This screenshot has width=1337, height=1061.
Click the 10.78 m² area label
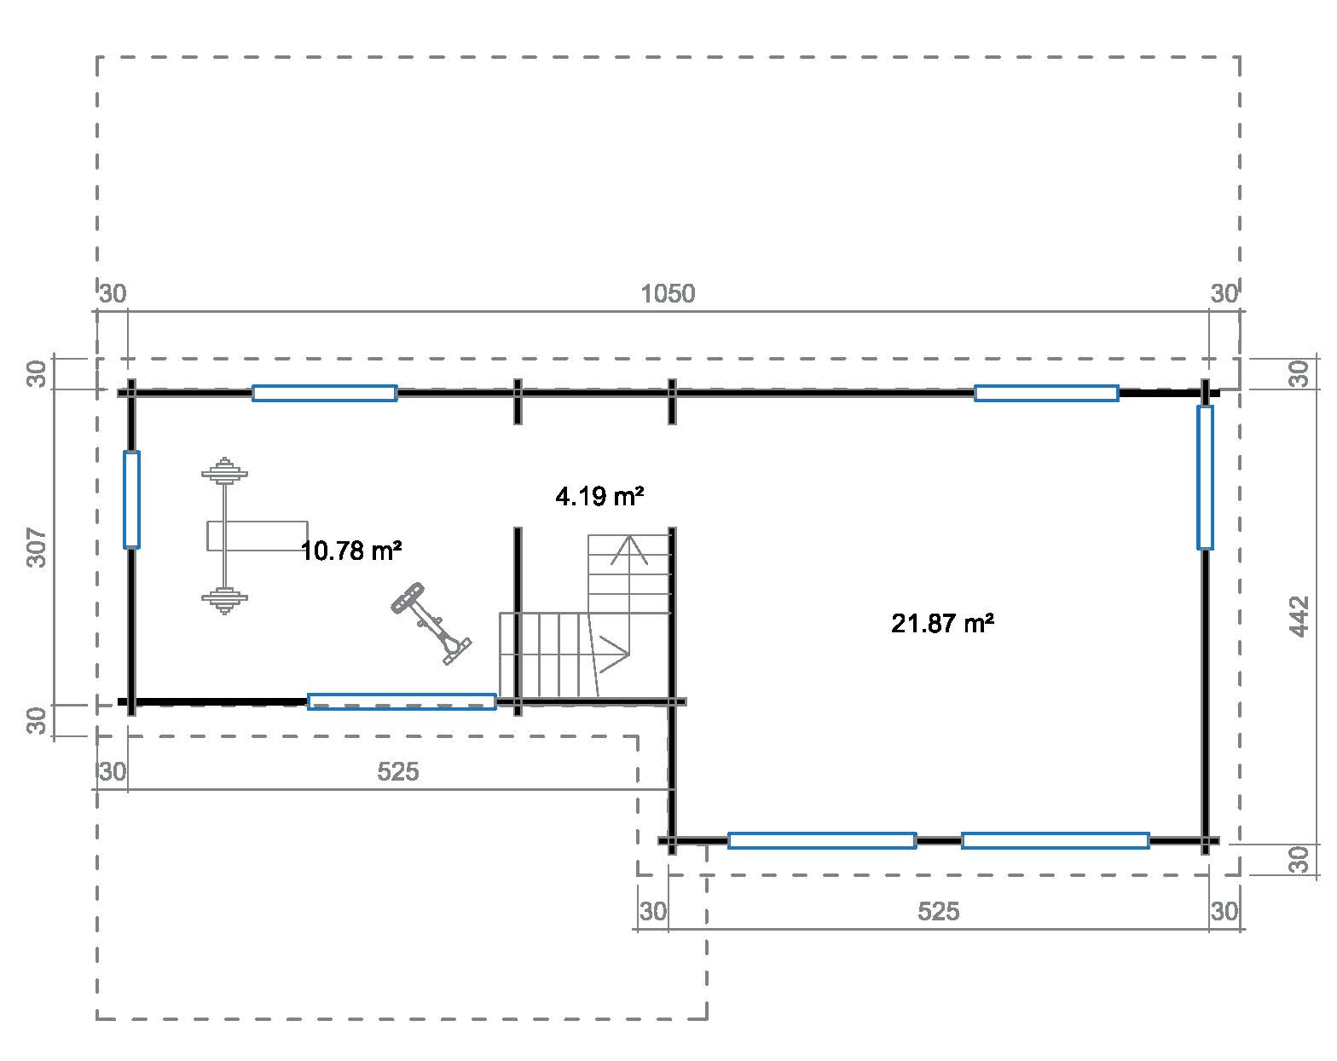pyautogui.click(x=351, y=551)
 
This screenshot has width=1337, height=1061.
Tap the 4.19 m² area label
pyautogui.click(x=599, y=496)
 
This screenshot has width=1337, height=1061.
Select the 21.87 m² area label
pyautogui.click(x=942, y=624)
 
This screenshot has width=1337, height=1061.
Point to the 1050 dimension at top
pyautogui.click(x=668, y=294)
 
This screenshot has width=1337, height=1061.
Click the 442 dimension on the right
pyautogui.click(x=1299, y=615)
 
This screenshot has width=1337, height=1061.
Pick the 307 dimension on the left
pyautogui.click(x=36, y=548)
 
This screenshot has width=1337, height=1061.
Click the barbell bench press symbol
pyautogui.click(x=226, y=535)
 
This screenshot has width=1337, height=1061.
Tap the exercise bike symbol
pyautogui.click(x=431, y=622)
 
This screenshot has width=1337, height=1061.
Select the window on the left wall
pyautogui.click(x=131, y=499)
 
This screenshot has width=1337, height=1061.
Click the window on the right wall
pyautogui.click(x=1205, y=477)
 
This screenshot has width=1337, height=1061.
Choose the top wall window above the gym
pyautogui.click(x=324, y=393)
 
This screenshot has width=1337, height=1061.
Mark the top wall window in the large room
pyautogui.click(x=1046, y=393)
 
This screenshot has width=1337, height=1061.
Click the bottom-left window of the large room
pyautogui.click(x=822, y=840)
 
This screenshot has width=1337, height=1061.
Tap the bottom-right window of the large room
pyautogui.click(x=1056, y=840)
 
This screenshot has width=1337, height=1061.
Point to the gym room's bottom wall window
pyautogui.click(x=402, y=701)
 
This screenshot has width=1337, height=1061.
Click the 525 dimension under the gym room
pyautogui.click(x=398, y=772)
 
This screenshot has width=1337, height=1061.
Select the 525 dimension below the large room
pyautogui.click(x=938, y=912)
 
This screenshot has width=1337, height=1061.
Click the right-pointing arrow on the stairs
pyautogui.click(x=614, y=654)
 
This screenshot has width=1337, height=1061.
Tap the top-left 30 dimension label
pyautogui.click(x=113, y=294)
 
